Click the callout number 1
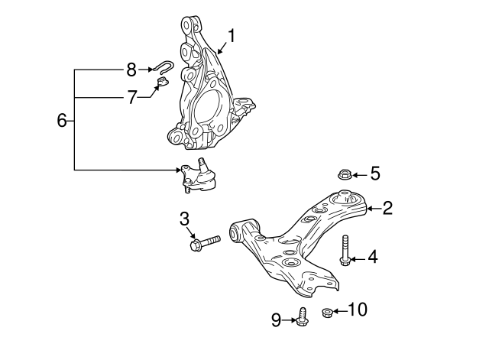point(232,35)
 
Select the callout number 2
point(387,207)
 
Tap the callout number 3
point(184,219)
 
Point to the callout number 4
point(372,258)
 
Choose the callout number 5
point(374,174)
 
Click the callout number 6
point(63,121)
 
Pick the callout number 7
point(131,97)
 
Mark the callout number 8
point(131,70)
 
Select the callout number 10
point(358,310)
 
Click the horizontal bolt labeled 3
point(204,243)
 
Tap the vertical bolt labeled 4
point(345,251)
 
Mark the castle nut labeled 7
point(162,82)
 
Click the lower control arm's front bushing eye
point(238,230)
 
